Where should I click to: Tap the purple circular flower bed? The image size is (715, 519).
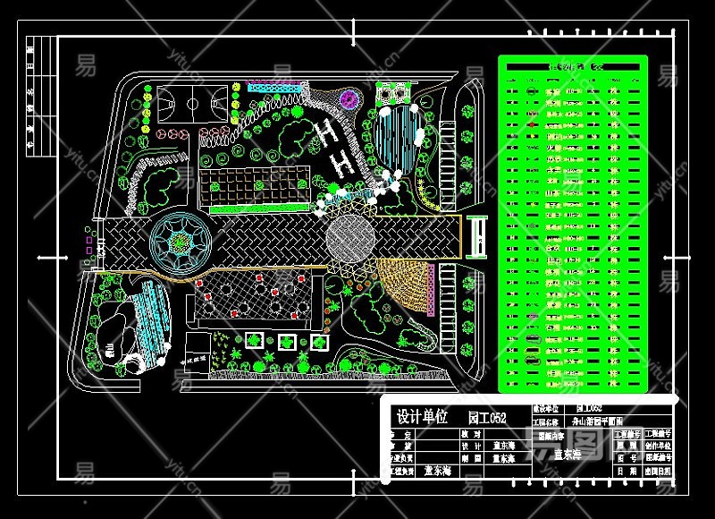[x=348, y=98]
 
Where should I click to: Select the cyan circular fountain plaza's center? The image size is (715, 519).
[x=181, y=241]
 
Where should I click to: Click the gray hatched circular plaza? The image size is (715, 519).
[x=350, y=236]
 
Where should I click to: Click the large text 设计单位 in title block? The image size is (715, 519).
[x=423, y=417]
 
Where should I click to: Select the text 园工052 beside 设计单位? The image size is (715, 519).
[x=487, y=418]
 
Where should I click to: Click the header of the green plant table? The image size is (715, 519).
[x=572, y=66]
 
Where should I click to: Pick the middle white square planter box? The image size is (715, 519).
[x=287, y=342]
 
